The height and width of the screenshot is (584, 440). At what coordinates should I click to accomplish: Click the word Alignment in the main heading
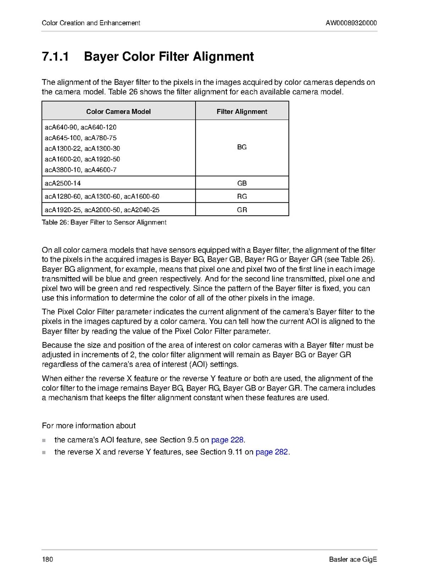click(x=223, y=57)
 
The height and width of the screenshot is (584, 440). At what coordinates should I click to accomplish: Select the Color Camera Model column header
click(x=119, y=112)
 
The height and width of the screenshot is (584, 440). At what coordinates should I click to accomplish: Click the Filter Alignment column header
click(x=242, y=112)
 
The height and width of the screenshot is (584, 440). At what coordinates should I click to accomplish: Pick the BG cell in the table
click(x=242, y=147)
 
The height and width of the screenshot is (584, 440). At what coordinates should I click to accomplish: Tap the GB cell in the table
click(x=242, y=183)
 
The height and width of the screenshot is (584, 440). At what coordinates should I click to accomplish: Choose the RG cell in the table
click(x=242, y=197)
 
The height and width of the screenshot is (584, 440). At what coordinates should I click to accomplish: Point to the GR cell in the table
click(x=242, y=210)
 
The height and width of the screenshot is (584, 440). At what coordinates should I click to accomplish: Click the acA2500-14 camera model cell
click(x=63, y=183)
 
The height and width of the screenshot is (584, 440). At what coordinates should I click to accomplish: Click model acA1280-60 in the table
click(x=63, y=197)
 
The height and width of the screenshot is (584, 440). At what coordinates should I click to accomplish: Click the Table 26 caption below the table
click(x=104, y=222)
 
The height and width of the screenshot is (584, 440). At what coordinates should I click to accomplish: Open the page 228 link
click(x=227, y=440)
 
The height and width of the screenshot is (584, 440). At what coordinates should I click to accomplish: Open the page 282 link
click(x=272, y=452)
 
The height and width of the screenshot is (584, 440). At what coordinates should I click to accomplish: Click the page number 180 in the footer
click(x=47, y=559)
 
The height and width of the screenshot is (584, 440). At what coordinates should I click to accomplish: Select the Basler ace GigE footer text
click(x=353, y=559)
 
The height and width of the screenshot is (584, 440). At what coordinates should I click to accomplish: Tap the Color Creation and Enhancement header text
click(x=91, y=23)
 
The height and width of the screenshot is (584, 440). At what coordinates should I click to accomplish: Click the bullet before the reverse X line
click(x=44, y=452)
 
